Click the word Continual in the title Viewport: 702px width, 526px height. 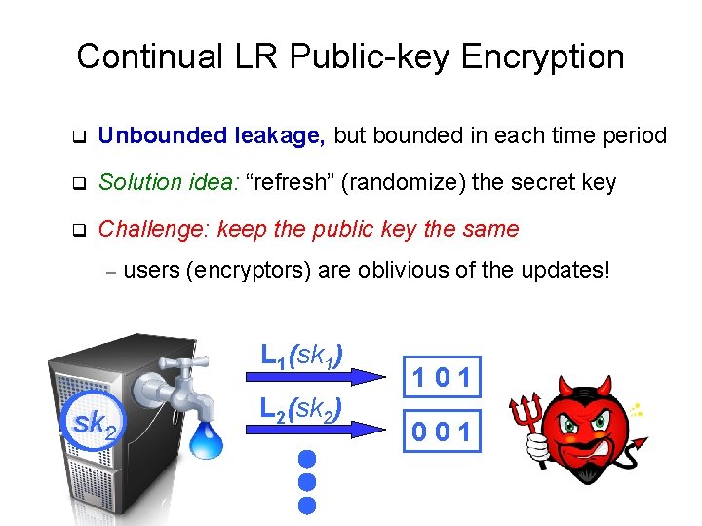[136, 56]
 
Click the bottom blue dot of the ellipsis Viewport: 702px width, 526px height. [307, 505]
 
